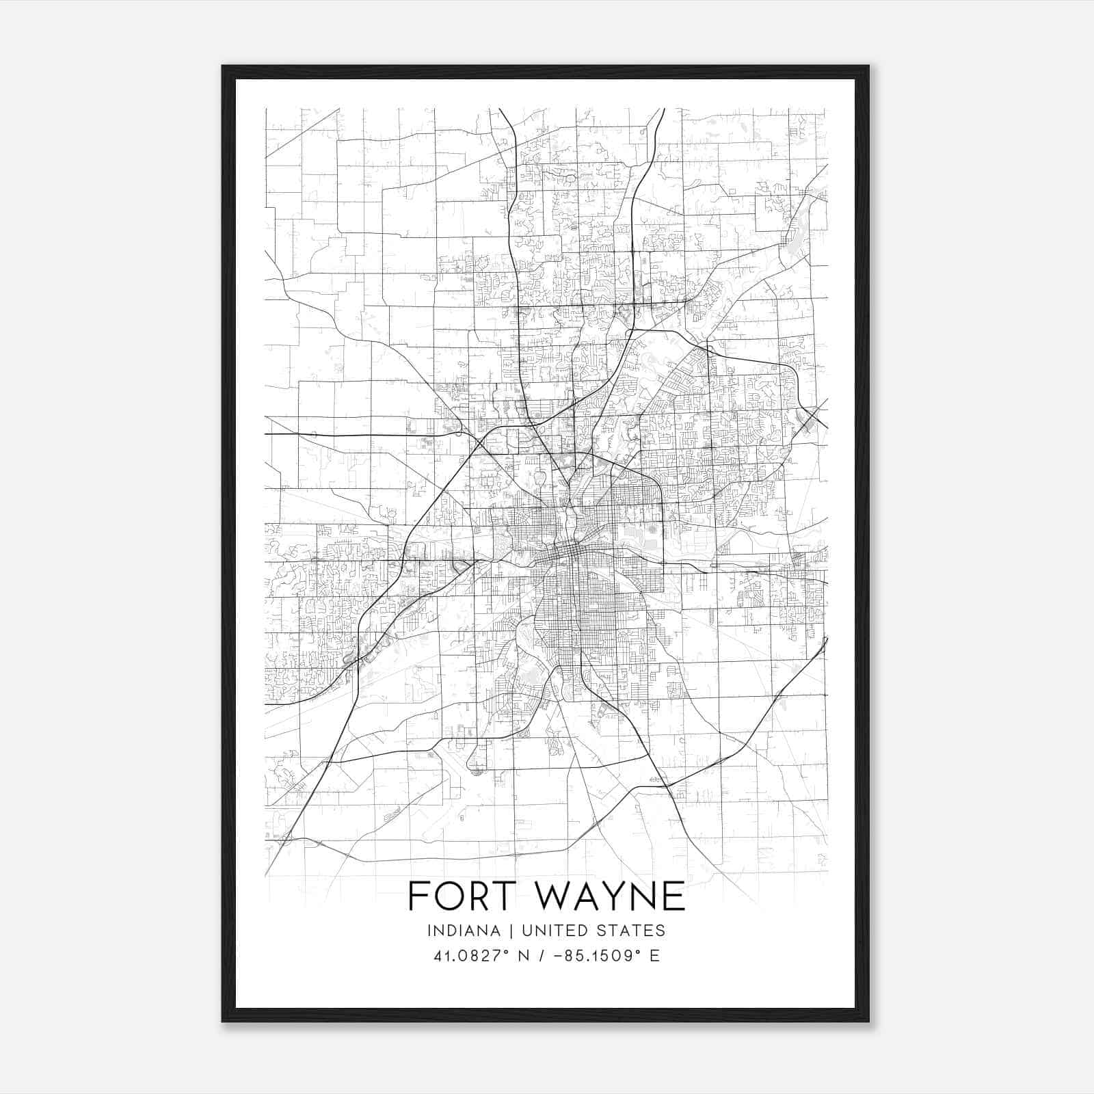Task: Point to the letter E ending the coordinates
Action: click(655, 956)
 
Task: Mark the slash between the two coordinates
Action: click(544, 956)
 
